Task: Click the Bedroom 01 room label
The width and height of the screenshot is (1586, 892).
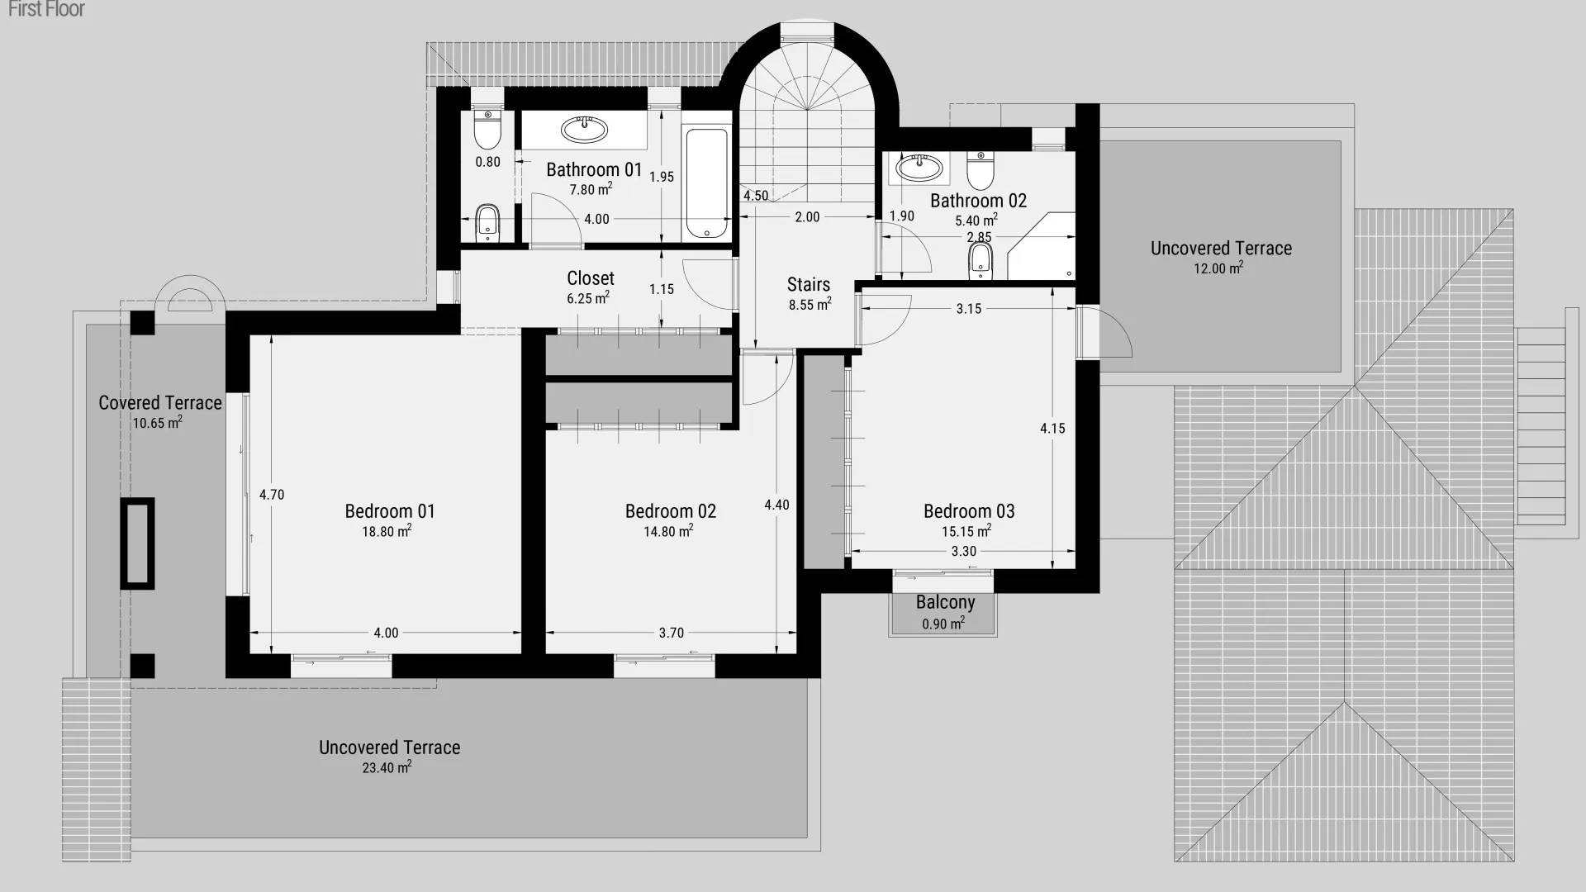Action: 390,511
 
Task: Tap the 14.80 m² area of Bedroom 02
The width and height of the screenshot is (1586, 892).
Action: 668,531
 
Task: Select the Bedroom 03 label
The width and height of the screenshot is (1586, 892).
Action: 969,511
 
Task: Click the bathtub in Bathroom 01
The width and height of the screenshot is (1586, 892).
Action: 707,183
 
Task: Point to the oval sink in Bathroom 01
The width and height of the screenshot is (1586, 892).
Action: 584,129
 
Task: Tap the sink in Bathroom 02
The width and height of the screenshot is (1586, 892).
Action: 919,168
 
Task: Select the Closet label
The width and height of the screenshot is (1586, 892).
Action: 591,278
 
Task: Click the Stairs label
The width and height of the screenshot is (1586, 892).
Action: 809,285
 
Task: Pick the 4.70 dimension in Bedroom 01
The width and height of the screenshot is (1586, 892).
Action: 272,495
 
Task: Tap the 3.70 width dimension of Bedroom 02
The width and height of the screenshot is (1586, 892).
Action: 672,633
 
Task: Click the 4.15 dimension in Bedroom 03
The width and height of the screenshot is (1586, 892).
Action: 1052,428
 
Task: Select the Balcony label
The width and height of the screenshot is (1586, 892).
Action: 945,602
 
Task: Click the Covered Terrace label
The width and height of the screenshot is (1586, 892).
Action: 160,403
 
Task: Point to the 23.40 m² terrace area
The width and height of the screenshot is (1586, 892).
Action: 387,767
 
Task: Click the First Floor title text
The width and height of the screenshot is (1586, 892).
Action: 46,10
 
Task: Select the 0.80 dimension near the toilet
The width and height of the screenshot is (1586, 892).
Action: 487,162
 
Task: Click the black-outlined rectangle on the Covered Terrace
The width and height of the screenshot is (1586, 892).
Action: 137,543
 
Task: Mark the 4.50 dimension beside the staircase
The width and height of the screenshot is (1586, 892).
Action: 756,196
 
